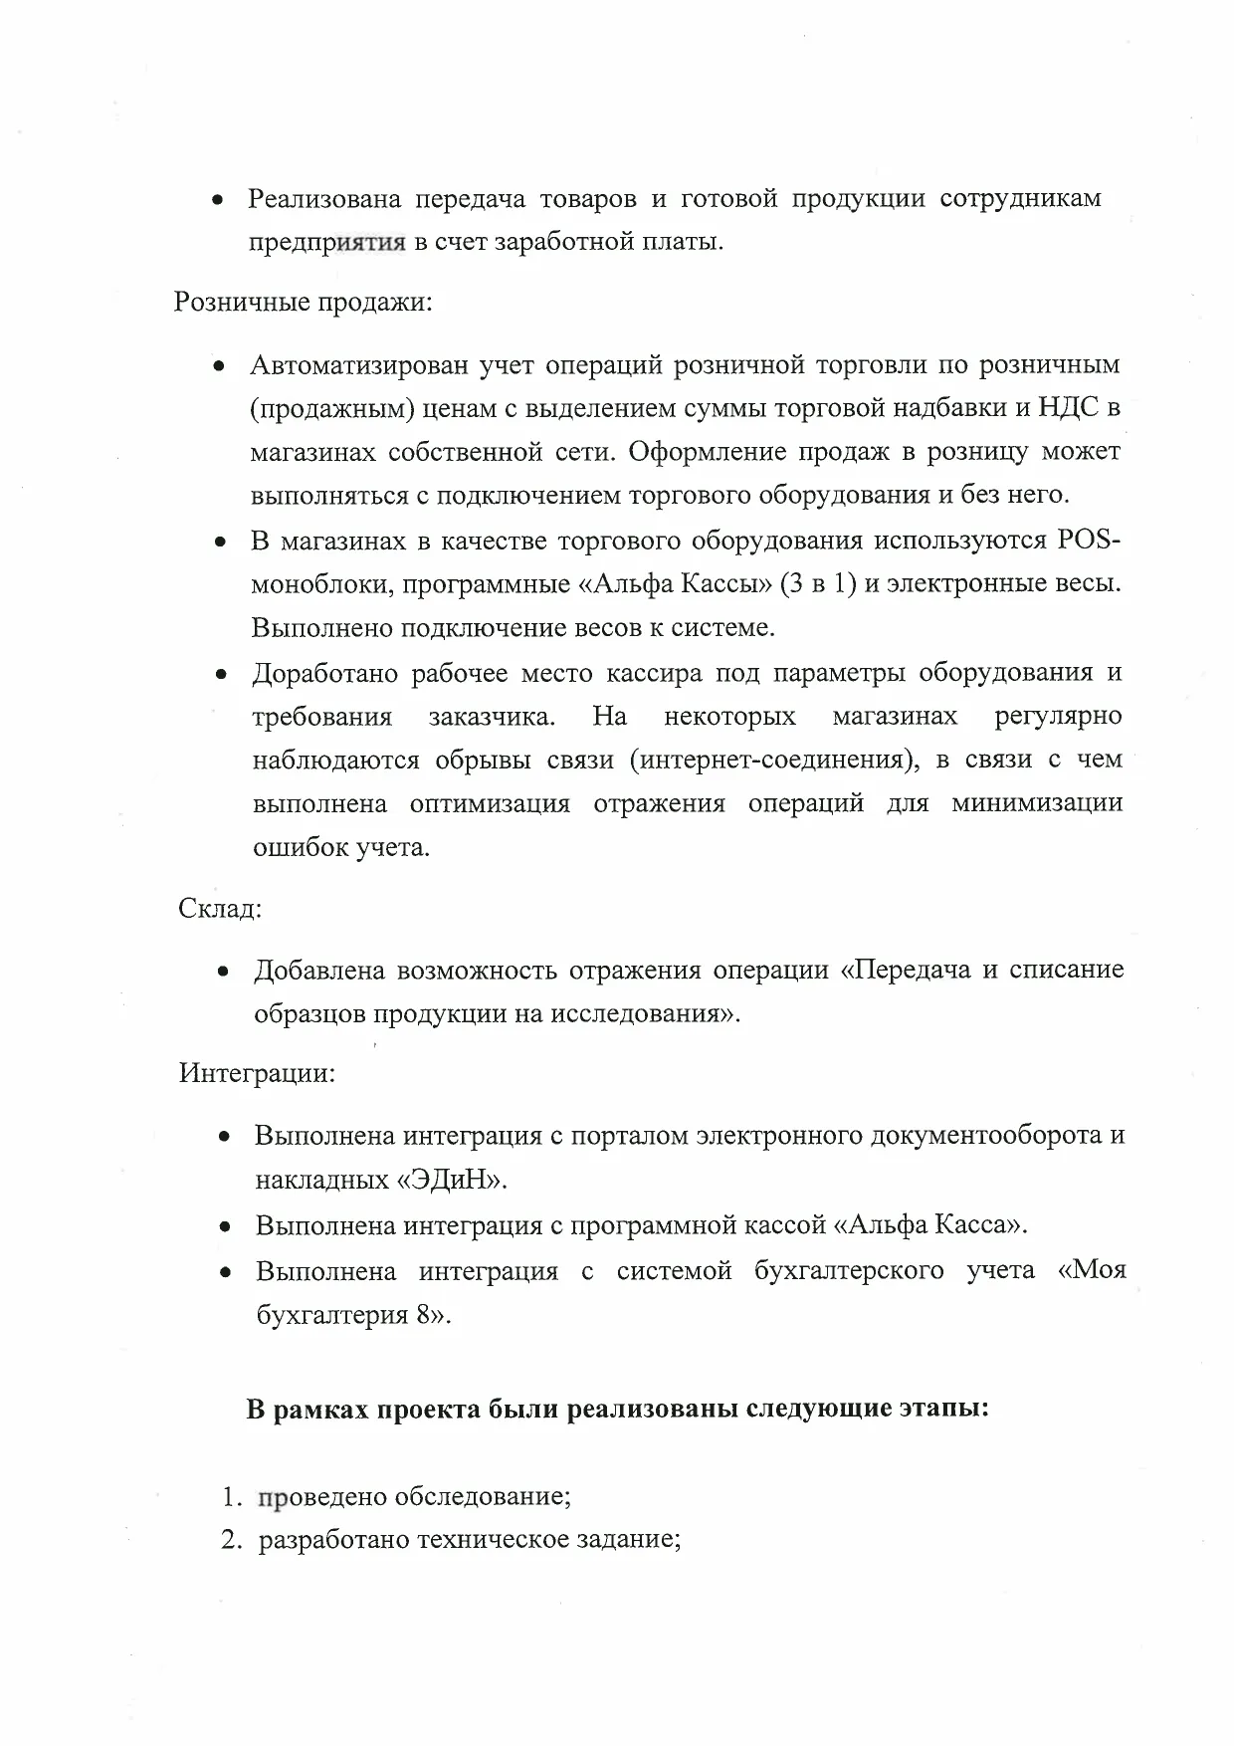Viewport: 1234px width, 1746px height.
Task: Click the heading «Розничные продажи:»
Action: pos(303,302)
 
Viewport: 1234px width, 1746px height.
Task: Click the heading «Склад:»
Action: pos(220,909)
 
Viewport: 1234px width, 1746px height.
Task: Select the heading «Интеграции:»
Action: pos(257,1074)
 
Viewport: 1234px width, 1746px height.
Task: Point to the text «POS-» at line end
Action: pos(1084,541)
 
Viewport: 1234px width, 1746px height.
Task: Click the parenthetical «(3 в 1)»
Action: pos(819,584)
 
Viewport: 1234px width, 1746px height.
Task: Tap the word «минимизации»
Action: pos(1036,803)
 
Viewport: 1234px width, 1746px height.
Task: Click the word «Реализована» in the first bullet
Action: pos(324,199)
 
